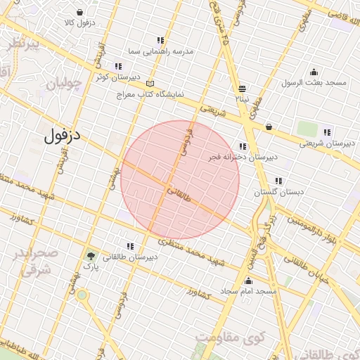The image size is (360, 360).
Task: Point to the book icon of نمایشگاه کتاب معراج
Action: pyautogui.click(x=149, y=83)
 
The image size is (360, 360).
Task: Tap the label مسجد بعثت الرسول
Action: pyautogui.click(x=314, y=83)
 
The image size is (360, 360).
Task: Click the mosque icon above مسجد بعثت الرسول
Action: pyautogui.click(x=314, y=72)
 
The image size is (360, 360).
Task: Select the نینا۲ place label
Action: pyautogui.click(x=242, y=99)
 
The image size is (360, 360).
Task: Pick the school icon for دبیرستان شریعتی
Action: pyautogui.click(x=326, y=131)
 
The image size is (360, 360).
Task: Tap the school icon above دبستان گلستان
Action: pyautogui.click(x=279, y=180)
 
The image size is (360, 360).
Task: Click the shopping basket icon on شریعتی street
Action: pyautogui.click(x=269, y=127)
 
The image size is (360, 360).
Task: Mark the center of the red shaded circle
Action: pyautogui.click(x=180, y=179)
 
